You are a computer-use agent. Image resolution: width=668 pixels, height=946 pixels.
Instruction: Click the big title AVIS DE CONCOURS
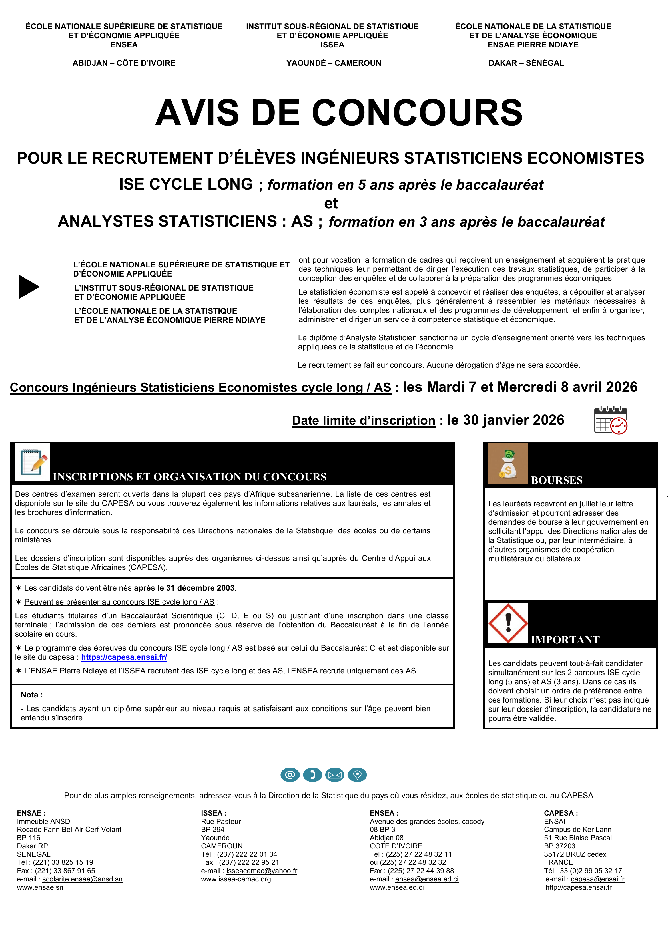click(339, 112)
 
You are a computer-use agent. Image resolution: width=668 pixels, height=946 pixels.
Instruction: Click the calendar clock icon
click(610, 420)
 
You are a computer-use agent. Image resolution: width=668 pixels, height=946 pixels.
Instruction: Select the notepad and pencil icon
click(33, 462)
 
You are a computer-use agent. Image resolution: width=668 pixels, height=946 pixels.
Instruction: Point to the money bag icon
click(508, 463)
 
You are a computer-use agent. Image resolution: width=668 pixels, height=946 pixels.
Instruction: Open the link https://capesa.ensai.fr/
click(124, 657)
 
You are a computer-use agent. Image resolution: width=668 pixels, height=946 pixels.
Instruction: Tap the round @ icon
click(290, 775)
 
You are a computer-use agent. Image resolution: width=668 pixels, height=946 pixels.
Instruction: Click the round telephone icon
click(312, 775)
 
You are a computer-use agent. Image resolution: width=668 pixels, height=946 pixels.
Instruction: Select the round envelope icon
click(335, 775)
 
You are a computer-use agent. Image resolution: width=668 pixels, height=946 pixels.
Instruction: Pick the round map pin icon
click(357, 775)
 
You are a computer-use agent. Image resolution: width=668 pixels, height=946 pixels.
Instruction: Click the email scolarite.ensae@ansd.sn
click(82, 879)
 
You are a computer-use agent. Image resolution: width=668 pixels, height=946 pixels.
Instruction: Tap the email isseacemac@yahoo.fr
click(262, 871)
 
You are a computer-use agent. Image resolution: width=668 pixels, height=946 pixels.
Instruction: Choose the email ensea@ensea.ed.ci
click(427, 879)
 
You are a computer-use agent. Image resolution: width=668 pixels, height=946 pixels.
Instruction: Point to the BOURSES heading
click(556, 480)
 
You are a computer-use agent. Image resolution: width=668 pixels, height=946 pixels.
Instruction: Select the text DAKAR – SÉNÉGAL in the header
click(526, 63)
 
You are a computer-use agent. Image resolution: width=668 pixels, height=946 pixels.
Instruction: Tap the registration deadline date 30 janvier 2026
click(505, 420)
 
